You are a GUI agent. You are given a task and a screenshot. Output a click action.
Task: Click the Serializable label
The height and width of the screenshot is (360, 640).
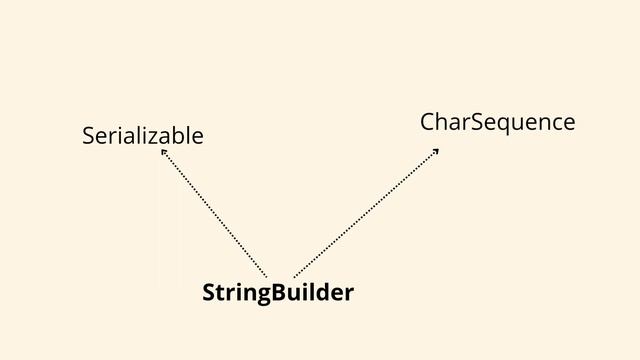143,134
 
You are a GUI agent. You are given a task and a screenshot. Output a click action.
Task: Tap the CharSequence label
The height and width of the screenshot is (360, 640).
497,122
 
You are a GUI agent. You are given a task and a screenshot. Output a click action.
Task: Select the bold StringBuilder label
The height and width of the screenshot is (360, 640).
277,293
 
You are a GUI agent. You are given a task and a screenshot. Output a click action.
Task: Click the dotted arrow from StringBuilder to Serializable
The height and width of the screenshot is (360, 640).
214,213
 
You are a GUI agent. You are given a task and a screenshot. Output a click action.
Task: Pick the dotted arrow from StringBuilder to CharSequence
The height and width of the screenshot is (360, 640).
366,211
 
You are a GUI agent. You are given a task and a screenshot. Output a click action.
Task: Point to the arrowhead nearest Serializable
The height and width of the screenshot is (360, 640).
163,152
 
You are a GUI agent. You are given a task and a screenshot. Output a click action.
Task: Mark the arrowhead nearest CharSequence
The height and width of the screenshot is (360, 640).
436,151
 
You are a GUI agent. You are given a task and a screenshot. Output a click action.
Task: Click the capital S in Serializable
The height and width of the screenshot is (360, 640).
88,134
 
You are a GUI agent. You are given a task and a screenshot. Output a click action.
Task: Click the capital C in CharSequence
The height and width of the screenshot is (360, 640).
427,122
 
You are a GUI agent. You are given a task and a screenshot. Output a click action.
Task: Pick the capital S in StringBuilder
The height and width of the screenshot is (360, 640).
208,293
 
